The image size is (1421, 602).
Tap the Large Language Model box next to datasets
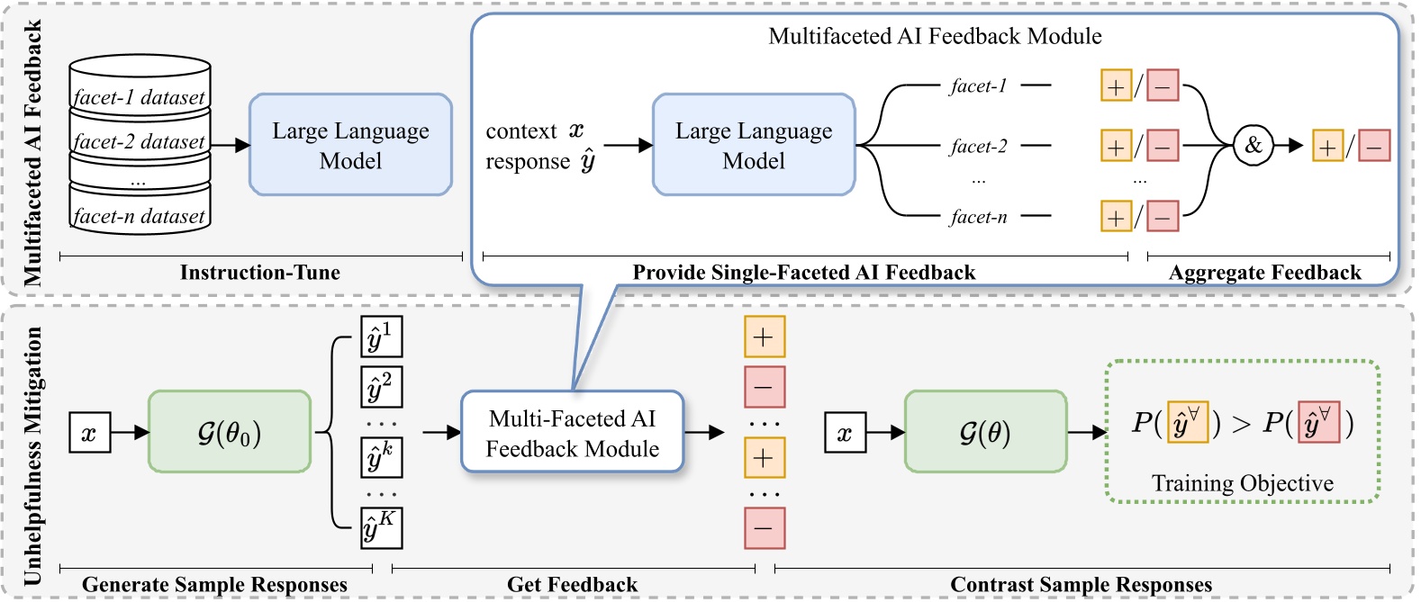point(350,145)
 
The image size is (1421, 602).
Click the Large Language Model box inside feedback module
point(754,145)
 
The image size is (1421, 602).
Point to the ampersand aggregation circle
point(1253,145)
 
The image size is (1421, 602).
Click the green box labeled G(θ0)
point(229,432)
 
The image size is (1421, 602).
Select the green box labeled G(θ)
point(984,432)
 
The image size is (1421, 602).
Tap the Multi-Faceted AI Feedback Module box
point(572,433)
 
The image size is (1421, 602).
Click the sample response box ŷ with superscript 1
point(381,337)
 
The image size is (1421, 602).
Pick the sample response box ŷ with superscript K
point(381,528)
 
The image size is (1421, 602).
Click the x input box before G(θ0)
point(89,433)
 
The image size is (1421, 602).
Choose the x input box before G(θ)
point(845,433)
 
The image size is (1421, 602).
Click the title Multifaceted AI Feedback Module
point(935,36)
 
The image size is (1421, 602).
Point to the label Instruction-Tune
point(259,273)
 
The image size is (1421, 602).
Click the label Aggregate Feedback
point(1264,273)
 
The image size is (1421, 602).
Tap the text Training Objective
point(1242,483)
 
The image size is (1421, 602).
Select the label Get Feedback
point(572,585)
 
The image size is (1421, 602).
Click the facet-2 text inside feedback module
point(978,146)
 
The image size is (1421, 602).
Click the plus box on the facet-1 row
point(1116,86)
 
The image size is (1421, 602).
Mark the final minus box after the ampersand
point(1373,146)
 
